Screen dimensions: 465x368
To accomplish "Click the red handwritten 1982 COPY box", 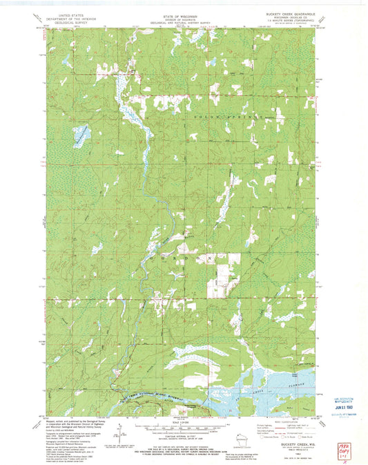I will tap(355, 439).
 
